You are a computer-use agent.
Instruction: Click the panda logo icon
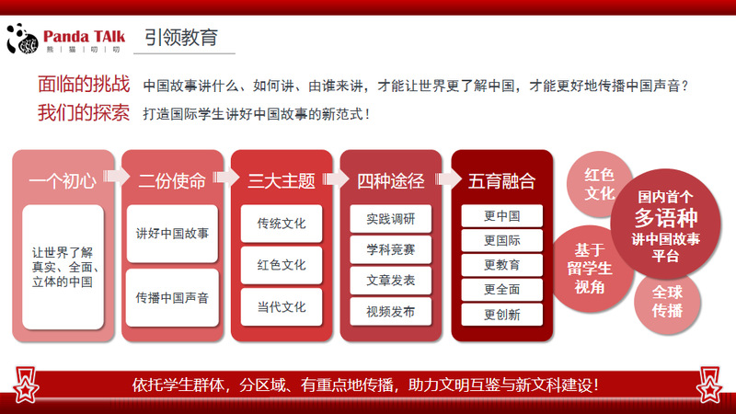pyautogui.click(x=22, y=38)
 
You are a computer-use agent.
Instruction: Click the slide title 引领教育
pyautogui.click(x=181, y=37)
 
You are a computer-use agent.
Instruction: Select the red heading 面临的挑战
pyautogui.click(x=84, y=84)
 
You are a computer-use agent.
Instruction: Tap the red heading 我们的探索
pyautogui.click(x=84, y=112)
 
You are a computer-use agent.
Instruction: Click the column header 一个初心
pyautogui.click(x=63, y=181)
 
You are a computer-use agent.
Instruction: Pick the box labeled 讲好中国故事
pyautogui.click(x=172, y=234)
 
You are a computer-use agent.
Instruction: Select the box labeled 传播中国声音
pyautogui.click(x=172, y=297)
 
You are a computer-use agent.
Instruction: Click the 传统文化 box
pyautogui.click(x=282, y=224)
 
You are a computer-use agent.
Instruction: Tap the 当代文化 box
pyautogui.click(x=282, y=307)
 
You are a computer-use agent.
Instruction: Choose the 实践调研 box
pyautogui.click(x=390, y=219)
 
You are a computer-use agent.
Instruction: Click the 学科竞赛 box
pyautogui.click(x=390, y=249)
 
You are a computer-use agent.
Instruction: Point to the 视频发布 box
pyautogui.click(x=390, y=312)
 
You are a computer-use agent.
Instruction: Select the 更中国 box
pyautogui.click(x=501, y=216)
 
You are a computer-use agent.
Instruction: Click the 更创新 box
pyautogui.click(x=501, y=315)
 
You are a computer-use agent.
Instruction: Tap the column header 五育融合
pyautogui.click(x=501, y=181)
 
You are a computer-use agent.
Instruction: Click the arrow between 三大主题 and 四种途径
pyautogui.click(x=337, y=178)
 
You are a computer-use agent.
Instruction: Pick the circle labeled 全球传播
pyautogui.click(x=667, y=302)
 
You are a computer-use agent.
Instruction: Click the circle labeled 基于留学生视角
pyautogui.click(x=590, y=269)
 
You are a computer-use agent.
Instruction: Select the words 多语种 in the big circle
pyautogui.click(x=666, y=218)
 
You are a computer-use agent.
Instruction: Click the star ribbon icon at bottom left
pyautogui.click(x=26, y=385)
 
